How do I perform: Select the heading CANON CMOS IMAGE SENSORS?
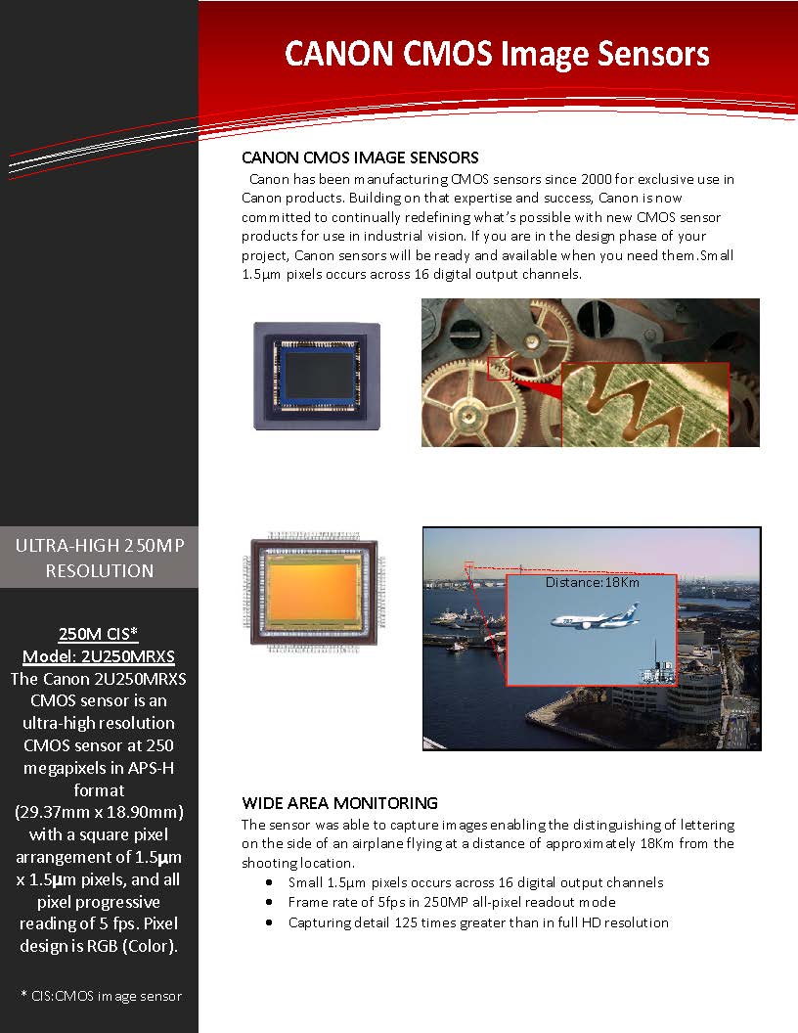tap(360, 157)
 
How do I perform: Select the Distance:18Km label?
tap(593, 582)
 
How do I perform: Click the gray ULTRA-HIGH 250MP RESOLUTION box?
tap(99, 559)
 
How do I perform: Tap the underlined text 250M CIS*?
tap(99, 634)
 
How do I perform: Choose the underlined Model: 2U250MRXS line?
tap(99, 655)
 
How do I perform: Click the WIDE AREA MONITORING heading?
tap(339, 803)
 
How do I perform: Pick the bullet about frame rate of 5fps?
tap(452, 902)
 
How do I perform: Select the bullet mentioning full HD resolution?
tap(478, 922)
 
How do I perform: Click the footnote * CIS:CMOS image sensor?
tap(101, 996)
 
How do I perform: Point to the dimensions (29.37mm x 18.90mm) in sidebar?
tap(99, 813)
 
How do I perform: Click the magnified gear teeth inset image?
tap(645, 405)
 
